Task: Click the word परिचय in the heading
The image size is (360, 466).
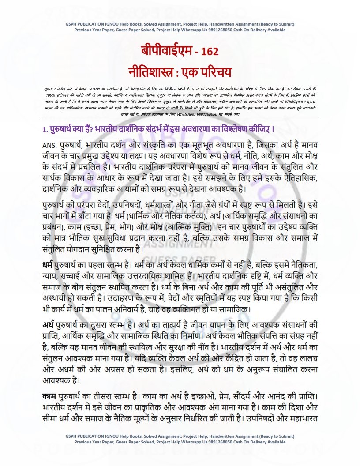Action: click(217, 71)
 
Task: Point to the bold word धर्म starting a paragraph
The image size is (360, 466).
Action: click(45, 266)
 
